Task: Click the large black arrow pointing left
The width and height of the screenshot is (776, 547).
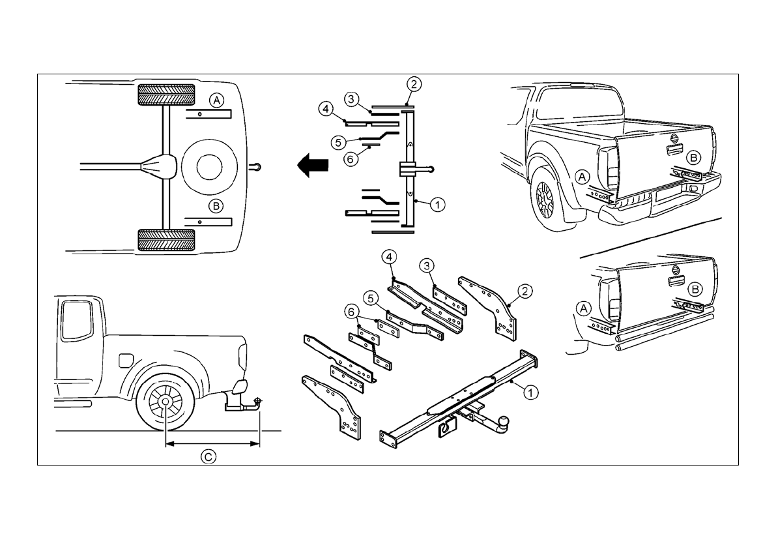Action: click(x=312, y=164)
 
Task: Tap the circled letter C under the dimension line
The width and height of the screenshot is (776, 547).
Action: click(x=208, y=456)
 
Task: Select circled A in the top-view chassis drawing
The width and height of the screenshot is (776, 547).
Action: click(x=216, y=100)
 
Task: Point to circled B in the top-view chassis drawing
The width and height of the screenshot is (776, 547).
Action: click(x=216, y=205)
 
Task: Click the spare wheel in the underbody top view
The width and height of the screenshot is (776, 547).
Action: click(x=209, y=168)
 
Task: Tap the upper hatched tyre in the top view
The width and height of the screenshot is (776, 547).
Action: click(x=166, y=95)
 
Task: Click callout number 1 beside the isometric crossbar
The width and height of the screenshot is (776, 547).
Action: click(x=530, y=392)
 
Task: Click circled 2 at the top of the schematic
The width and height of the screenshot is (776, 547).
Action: click(x=414, y=84)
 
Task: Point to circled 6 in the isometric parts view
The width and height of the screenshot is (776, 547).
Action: click(x=351, y=312)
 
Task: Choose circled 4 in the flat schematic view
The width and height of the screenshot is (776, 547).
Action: click(x=325, y=108)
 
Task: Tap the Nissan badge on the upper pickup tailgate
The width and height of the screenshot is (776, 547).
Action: click(x=674, y=137)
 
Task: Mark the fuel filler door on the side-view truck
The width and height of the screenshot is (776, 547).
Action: click(x=126, y=360)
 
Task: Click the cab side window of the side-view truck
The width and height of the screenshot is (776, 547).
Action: click(x=75, y=321)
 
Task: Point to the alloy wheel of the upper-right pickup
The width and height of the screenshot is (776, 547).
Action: click(x=545, y=199)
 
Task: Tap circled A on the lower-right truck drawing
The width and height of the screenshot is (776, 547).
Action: click(x=584, y=308)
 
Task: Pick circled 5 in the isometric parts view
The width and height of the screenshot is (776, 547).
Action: click(x=371, y=299)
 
